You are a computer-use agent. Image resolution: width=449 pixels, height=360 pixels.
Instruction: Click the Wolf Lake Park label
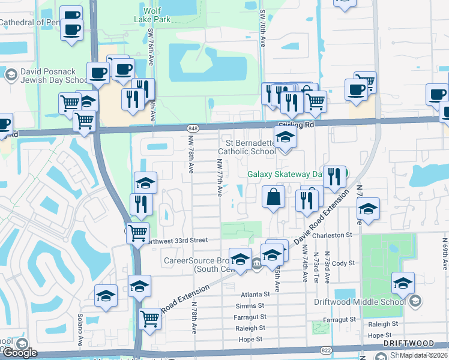tap(158, 15)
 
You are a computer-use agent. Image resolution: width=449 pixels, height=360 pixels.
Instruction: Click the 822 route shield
tap(343, 349)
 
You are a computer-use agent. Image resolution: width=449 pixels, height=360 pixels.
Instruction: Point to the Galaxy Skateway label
tap(282, 175)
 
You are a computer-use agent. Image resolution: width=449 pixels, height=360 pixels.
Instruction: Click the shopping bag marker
tap(273, 197)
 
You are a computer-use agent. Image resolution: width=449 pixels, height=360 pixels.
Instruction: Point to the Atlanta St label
tap(256, 295)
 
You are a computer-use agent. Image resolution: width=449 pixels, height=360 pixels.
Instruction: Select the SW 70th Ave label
tap(263, 28)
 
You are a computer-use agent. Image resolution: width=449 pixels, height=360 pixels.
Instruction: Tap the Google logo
tap(20, 353)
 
